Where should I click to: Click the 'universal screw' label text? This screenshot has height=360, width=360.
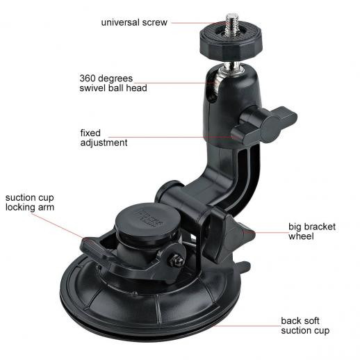[134, 22]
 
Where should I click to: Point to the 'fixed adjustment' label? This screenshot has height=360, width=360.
[104, 138]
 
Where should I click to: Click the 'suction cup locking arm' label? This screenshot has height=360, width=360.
[31, 202]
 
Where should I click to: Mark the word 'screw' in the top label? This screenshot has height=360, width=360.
[155, 22]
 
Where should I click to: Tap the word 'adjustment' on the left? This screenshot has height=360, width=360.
[104, 142]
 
